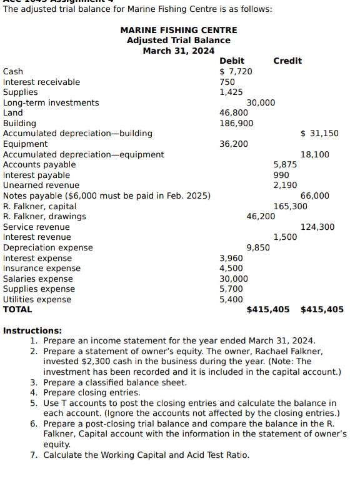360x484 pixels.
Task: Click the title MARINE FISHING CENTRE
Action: [x=178, y=30]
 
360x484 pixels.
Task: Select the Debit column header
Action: [x=232, y=61]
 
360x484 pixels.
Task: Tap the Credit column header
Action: [x=287, y=61]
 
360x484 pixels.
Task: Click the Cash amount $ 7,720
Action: [x=236, y=71]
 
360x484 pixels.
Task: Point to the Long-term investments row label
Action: [x=51, y=102]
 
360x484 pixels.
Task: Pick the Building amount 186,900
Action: [x=236, y=123]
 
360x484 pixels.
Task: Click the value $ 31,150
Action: [x=319, y=133]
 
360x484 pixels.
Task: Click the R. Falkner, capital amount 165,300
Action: [x=290, y=206]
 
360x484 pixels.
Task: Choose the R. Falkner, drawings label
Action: [x=44, y=216]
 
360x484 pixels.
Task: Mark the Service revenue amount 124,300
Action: [x=317, y=227]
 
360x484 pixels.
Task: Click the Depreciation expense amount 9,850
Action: [x=258, y=247]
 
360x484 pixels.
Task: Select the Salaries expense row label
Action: [x=37, y=279]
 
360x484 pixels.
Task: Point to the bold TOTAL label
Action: [x=17, y=309]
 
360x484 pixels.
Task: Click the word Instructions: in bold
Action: [x=32, y=330]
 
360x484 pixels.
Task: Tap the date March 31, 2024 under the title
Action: [x=178, y=51]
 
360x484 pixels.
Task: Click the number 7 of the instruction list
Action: [x=34, y=455]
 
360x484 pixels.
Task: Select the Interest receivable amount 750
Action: [x=227, y=82]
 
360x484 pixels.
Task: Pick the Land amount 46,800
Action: [x=234, y=112]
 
